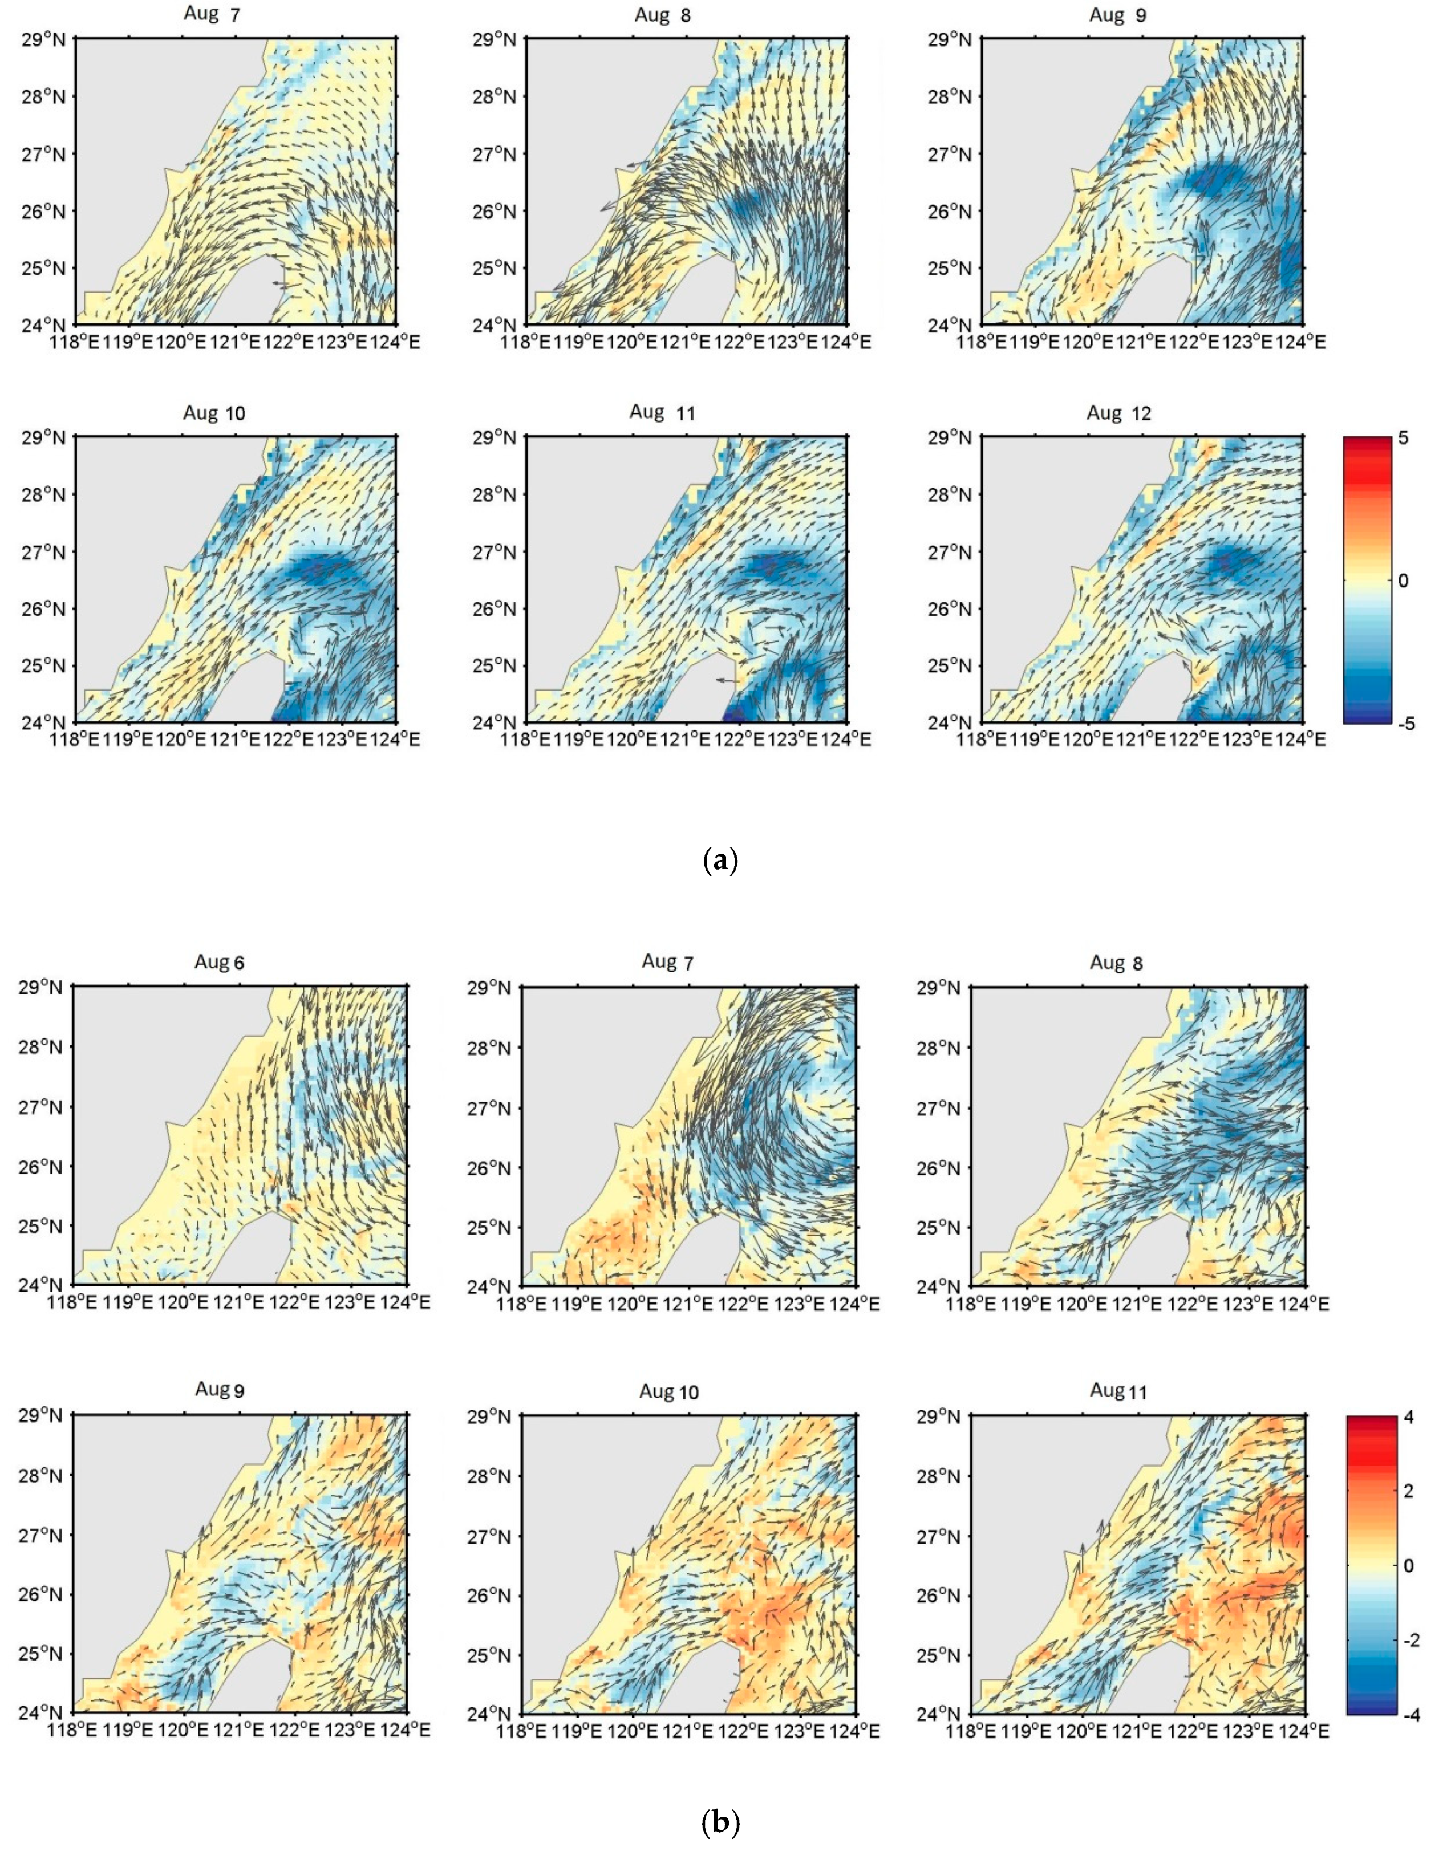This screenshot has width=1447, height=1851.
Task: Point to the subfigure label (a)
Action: point(722,861)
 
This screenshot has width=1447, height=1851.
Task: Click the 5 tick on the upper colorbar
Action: point(1404,438)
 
